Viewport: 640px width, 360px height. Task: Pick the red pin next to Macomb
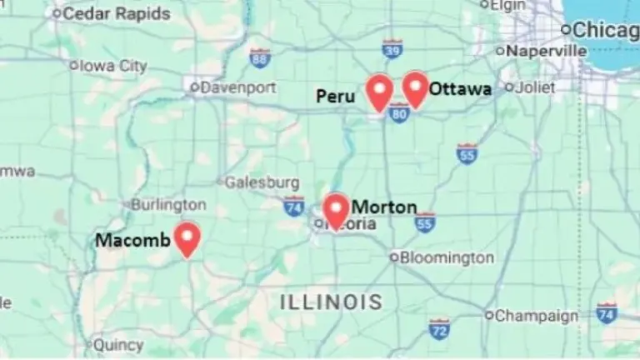(x=187, y=238)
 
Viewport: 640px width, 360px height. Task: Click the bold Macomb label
(x=133, y=241)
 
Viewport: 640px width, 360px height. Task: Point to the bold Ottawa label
(x=460, y=88)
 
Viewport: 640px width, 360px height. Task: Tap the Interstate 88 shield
(x=260, y=57)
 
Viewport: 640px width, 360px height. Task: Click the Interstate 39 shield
(x=392, y=49)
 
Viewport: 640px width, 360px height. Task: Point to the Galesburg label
(x=262, y=182)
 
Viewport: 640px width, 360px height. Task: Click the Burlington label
(x=168, y=204)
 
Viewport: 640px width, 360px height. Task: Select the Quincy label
(x=118, y=344)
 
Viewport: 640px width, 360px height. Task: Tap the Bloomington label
(x=447, y=257)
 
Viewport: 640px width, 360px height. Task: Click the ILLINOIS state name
(x=331, y=302)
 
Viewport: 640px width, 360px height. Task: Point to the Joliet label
(x=535, y=87)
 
